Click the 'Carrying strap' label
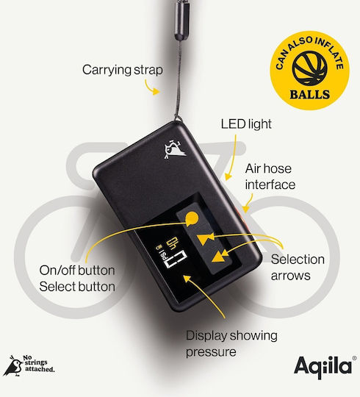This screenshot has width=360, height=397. click(123, 70)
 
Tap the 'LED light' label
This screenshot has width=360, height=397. click(246, 124)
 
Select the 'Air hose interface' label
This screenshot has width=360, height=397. click(270, 176)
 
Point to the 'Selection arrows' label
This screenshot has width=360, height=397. click(298, 268)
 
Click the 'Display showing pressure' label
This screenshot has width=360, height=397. click(231, 343)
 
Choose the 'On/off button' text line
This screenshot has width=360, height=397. click(77, 271)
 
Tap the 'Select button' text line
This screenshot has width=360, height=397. click(77, 287)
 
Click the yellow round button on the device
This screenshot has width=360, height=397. click(192, 218)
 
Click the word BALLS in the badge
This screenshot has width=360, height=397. click(310, 95)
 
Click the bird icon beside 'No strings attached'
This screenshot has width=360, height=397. click(12, 366)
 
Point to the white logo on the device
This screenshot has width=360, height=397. click(175, 150)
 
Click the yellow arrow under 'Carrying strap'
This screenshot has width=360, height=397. click(152, 87)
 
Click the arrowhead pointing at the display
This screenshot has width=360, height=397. click(187, 279)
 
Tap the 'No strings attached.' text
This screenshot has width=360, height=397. click(39, 364)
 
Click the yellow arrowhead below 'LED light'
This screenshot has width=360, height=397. click(228, 176)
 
